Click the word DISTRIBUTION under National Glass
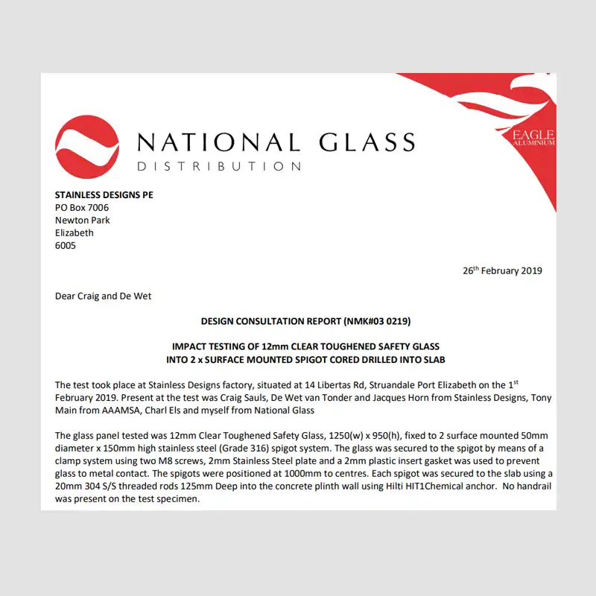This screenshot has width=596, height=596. tap(219, 166)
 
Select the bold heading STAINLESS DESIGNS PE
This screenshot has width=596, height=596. tap(104, 195)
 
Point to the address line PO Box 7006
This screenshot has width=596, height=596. tap(82, 208)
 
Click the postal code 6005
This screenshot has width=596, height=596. tap(66, 246)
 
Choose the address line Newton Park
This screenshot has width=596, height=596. tap(83, 221)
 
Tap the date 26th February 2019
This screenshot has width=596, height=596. tap(503, 270)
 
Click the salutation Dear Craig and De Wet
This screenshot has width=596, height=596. tap(104, 296)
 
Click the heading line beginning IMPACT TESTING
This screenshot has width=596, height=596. tap(305, 346)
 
